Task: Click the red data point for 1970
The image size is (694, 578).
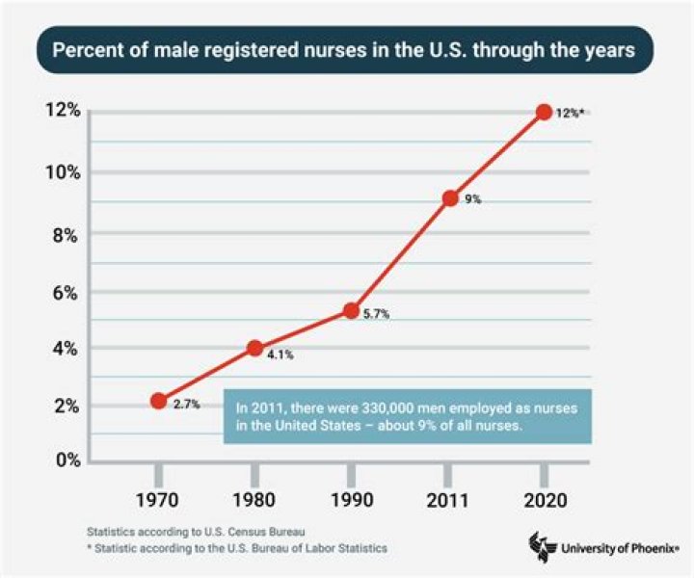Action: (159, 401)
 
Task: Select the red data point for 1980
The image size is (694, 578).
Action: (255, 348)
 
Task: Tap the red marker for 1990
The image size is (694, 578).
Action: (351, 310)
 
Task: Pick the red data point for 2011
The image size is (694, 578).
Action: (449, 198)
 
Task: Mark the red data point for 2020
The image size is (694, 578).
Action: (544, 112)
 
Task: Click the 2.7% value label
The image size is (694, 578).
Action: (186, 405)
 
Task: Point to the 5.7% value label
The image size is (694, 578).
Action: (376, 314)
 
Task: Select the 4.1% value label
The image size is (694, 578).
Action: (280, 355)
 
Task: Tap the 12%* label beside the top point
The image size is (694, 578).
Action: (570, 114)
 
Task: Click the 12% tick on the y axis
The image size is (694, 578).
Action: (61, 112)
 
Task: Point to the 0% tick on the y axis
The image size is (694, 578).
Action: (67, 460)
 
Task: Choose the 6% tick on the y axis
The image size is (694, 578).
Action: (67, 292)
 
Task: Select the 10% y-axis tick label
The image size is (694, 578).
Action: (61, 171)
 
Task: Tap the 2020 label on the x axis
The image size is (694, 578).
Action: (544, 501)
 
